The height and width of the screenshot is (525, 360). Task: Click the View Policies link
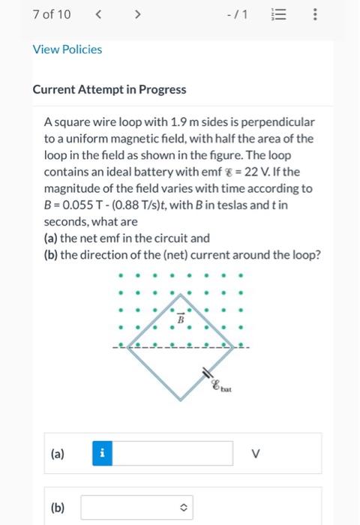(x=67, y=49)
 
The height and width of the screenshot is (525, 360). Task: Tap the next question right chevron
(x=137, y=14)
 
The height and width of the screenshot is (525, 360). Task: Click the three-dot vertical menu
(x=316, y=14)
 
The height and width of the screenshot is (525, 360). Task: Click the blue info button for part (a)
(x=104, y=453)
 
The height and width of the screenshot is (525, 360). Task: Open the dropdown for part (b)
(x=136, y=508)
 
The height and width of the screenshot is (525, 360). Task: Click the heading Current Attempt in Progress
(x=109, y=89)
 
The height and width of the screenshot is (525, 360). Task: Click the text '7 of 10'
(x=52, y=14)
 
